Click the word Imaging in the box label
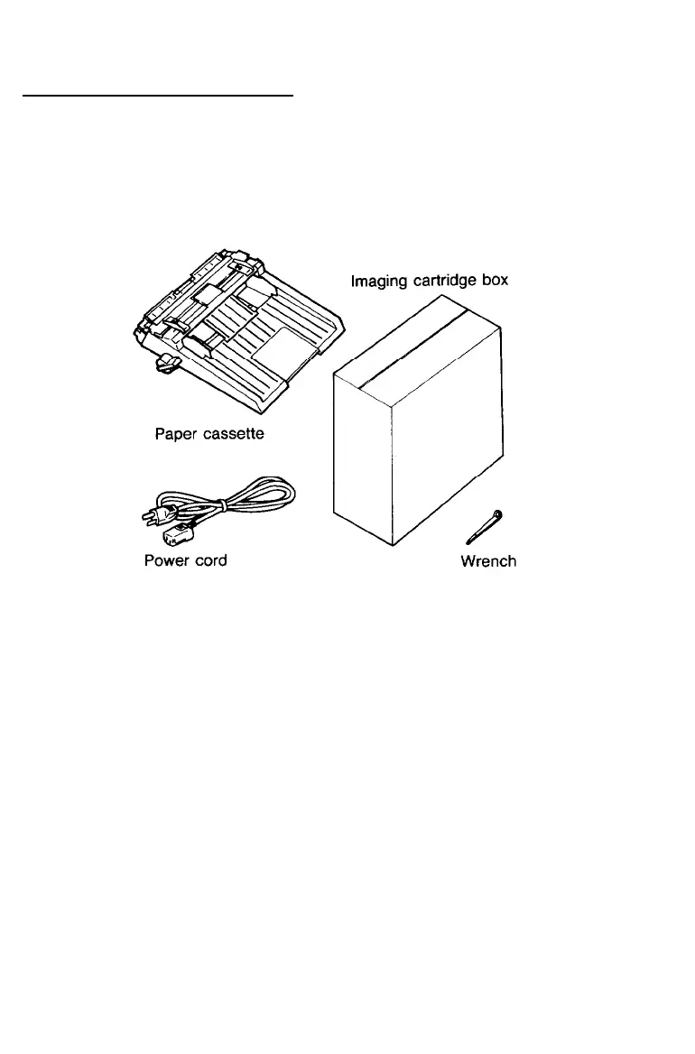click(x=376, y=281)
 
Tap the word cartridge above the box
click(x=442, y=281)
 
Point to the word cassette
click(x=232, y=433)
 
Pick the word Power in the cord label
click(x=165, y=560)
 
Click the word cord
click(x=208, y=560)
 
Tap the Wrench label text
click(x=488, y=561)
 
